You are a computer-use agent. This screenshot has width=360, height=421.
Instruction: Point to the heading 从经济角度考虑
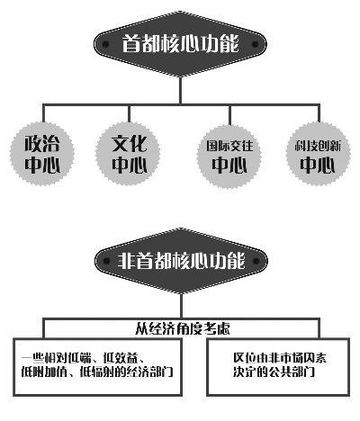coord(179,328)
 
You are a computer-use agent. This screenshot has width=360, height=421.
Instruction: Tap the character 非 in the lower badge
coord(127,262)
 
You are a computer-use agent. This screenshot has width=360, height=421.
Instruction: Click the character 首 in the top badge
coord(131,43)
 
